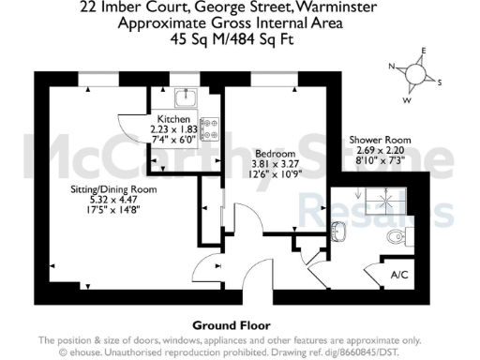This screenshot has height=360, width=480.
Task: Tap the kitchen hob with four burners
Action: coord(208,122)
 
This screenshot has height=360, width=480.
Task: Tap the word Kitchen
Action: coord(174,120)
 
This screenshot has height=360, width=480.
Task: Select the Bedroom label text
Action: coord(275,153)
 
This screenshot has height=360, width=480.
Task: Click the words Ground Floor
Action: coord(225,325)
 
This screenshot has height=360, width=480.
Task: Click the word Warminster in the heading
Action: coord(337,9)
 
